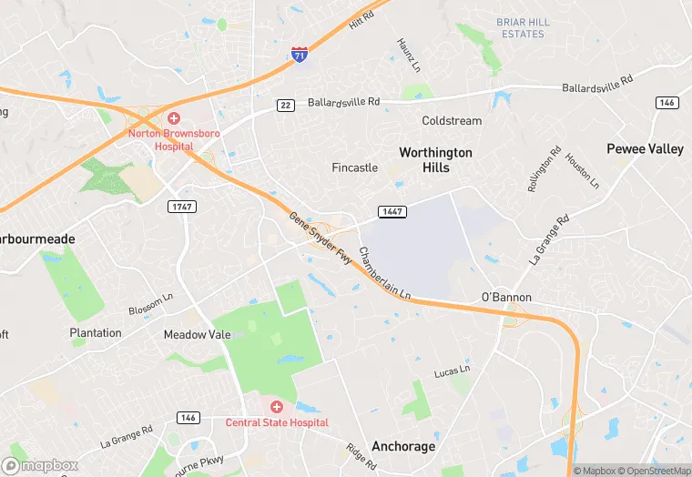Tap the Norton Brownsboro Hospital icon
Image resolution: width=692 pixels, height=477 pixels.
click(x=173, y=118)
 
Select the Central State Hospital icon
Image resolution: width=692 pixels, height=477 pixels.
click(x=276, y=407)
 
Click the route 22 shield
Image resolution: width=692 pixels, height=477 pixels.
click(x=286, y=106)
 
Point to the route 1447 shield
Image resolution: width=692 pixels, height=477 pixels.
click(x=392, y=212)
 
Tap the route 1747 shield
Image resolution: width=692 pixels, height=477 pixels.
click(x=182, y=207)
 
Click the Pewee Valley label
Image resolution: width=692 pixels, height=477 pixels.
click(x=645, y=149)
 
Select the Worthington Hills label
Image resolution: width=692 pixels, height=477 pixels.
click(x=435, y=160)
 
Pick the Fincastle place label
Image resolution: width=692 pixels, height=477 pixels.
click(x=354, y=168)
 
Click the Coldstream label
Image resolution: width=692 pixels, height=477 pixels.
click(x=452, y=121)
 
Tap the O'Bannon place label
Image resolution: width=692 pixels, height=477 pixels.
click(x=505, y=298)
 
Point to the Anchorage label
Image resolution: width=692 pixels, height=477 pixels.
click(x=403, y=447)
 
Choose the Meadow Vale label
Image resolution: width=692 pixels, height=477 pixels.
click(x=197, y=335)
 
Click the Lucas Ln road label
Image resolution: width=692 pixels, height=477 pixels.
click(x=452, y=371)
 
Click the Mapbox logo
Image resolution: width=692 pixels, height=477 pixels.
click(x=40, y=465)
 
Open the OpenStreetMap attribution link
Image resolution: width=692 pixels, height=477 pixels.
click(x=654, y=471)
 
